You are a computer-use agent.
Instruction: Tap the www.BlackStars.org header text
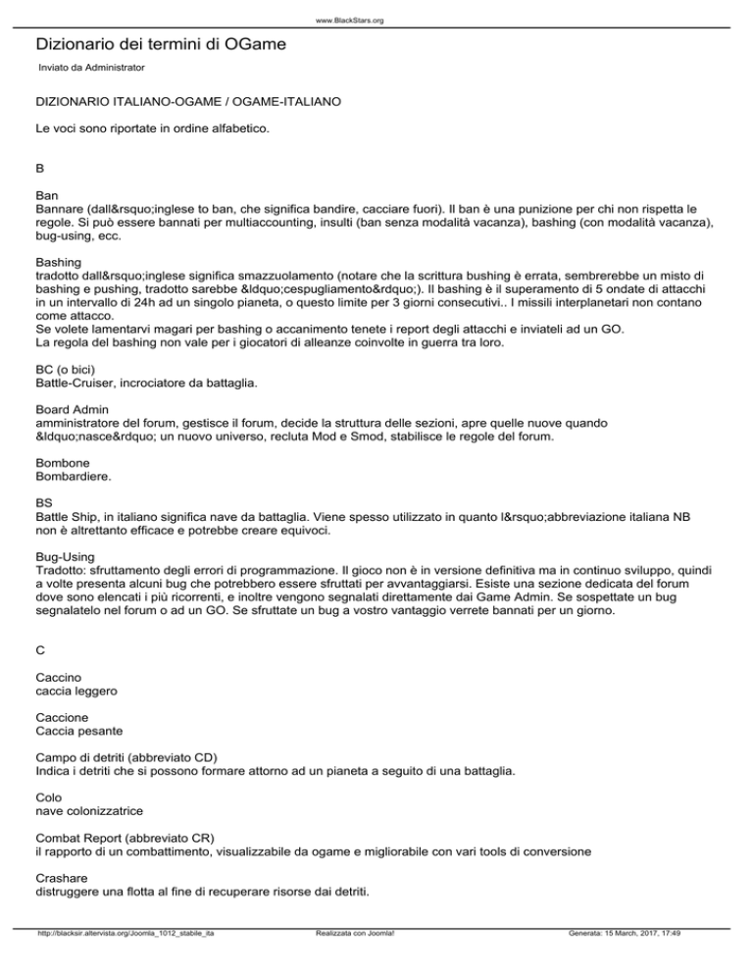pyautogui.click(x=376, y=20)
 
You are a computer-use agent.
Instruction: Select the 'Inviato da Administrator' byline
pyautogui.click(x=90, y=68)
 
